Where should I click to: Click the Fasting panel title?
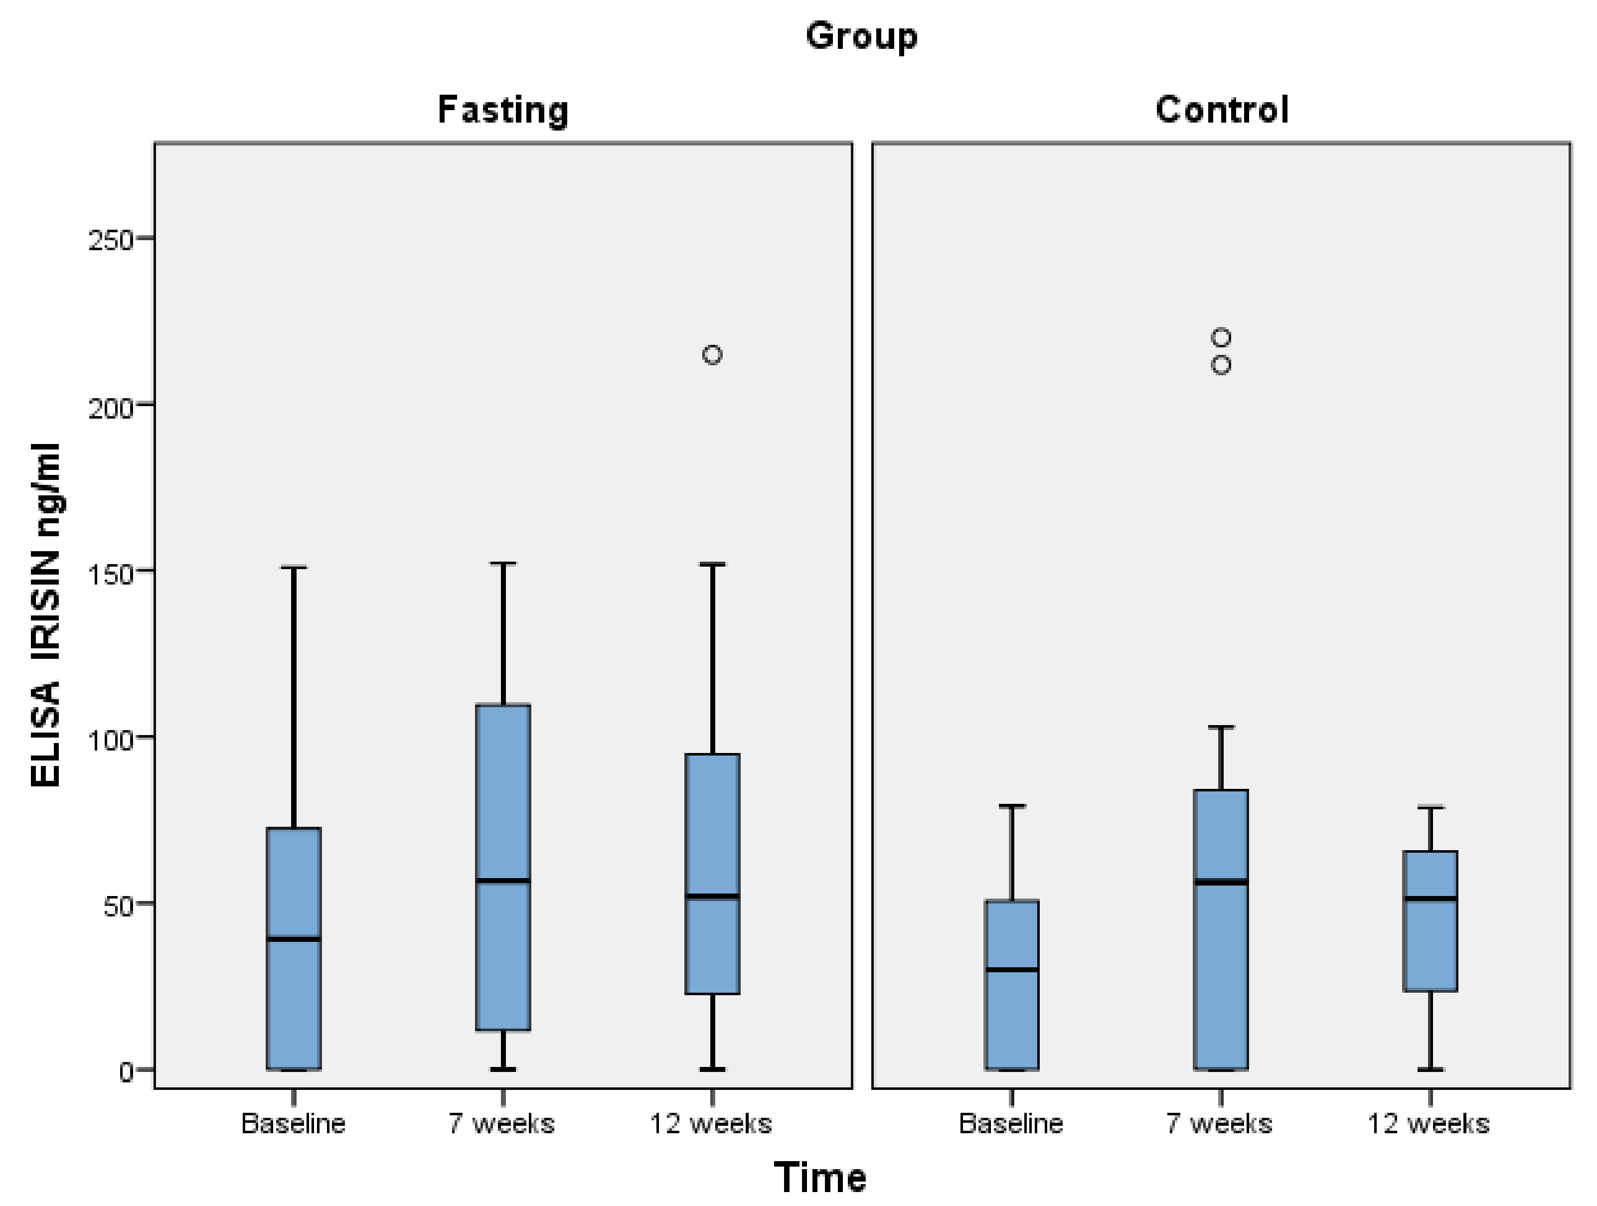[x=503, y=111]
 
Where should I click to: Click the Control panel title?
[x=1222, y=111]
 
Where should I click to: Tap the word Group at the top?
[x=861, y=36]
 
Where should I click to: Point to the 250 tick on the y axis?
[x=112, y=240]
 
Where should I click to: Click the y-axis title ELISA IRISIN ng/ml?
[x=45, y=615]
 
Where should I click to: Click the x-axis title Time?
[x=819, y=1178]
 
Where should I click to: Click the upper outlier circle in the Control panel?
[x=1221, y=337]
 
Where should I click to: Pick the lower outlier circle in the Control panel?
[x=1221, y=365]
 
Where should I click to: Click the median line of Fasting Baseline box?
[x=294, y=939]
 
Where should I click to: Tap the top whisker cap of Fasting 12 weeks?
[x=713, y=565]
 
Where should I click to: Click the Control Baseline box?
[x=1012, y=1011]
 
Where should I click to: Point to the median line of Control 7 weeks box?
[x=1221, y=882]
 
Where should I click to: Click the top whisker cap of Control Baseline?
[x=1012, y=806]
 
